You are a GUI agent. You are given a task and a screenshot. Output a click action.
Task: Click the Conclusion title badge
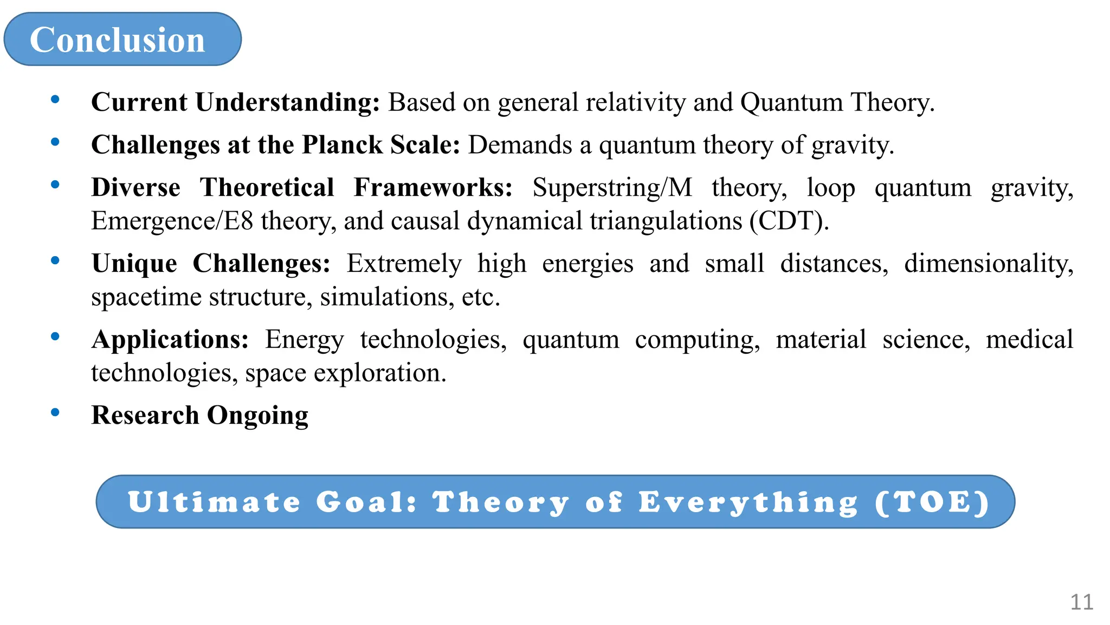coord(122,40)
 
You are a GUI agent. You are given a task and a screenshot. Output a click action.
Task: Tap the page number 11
coord(1081,602)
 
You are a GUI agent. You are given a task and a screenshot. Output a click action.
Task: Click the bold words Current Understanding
coord(235,102)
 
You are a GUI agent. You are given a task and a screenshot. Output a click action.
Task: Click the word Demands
coord(520,145)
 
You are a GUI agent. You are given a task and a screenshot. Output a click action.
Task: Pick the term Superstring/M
coord(612,188)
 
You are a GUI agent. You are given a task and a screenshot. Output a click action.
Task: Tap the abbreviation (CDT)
coord(789,221)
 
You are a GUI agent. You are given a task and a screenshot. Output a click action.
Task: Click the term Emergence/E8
coord(172,221)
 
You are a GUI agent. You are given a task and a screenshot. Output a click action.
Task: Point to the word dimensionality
coord(989,264)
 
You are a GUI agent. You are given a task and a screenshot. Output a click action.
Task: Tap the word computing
coord(698,340)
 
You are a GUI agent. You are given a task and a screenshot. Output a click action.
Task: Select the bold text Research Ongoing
coord(199,416)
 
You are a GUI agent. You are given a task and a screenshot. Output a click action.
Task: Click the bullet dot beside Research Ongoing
coord(55,412)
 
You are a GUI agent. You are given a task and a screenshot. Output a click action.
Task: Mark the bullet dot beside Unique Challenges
coord(55,260)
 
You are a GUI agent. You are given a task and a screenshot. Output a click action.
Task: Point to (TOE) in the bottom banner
coord(932,502)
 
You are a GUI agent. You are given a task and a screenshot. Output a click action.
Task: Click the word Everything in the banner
coord(748,502)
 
